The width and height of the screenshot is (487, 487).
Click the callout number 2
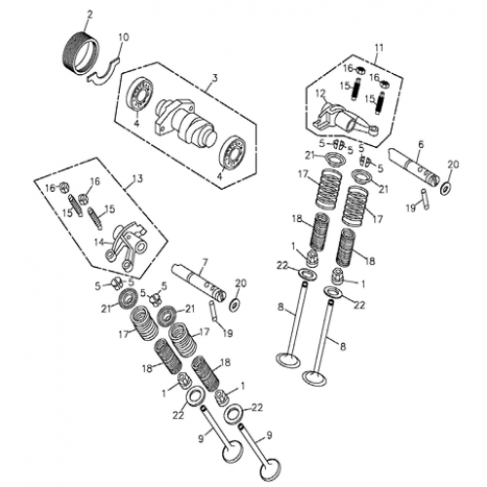89,14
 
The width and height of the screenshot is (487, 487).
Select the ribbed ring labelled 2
83,48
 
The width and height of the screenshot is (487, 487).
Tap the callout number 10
122,38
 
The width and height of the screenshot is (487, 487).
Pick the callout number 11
379,47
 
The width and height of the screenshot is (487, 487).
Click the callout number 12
318,94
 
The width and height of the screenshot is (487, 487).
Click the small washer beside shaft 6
445,187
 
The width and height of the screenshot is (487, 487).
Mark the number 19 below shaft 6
409,206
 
